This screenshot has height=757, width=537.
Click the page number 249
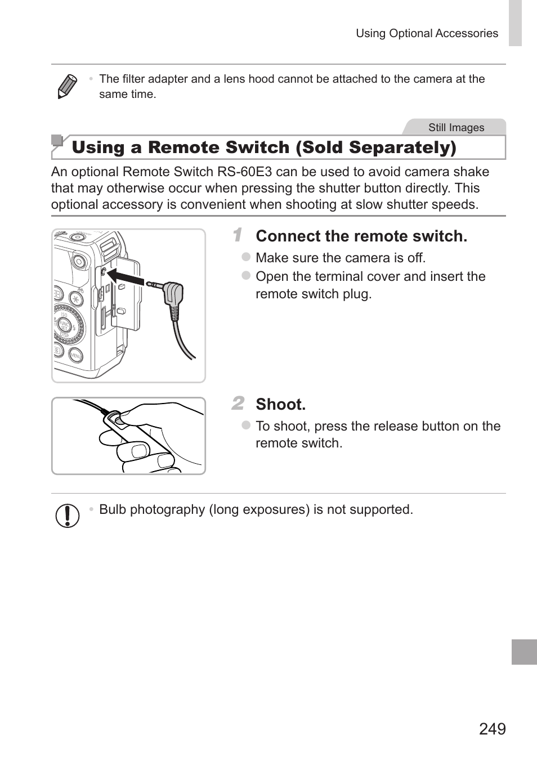point(493,729)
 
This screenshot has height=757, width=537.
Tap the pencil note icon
point(67,86)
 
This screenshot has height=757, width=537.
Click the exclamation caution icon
point(68,516)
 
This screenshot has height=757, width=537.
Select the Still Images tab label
point(456,127)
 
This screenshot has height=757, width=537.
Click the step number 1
point(238,235)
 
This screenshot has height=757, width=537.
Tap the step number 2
point(238,403)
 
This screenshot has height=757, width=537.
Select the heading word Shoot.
point(280,404)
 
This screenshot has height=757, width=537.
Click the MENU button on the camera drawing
point(76,355)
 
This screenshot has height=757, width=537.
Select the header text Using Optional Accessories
point(427,33)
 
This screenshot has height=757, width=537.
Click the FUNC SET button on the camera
point(64,326)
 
